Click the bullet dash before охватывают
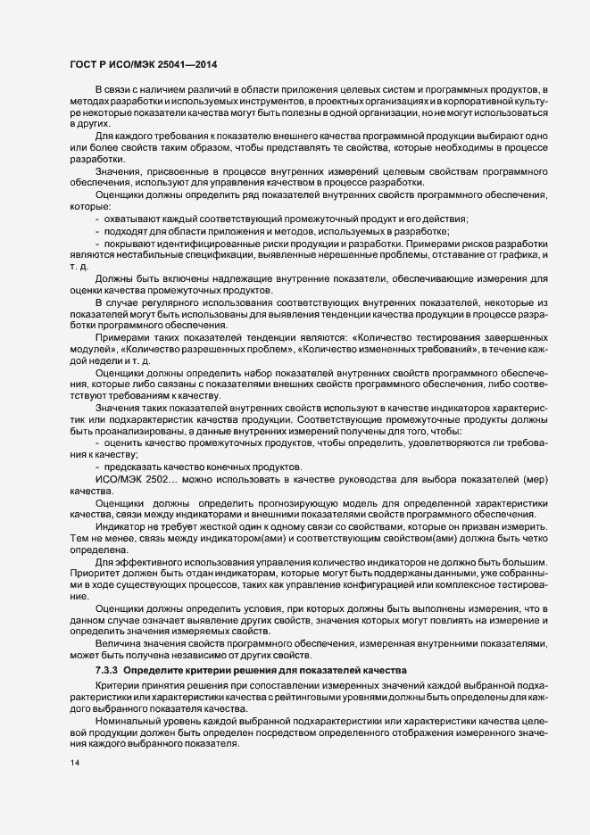point(97,219)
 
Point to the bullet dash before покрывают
point(97,244)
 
